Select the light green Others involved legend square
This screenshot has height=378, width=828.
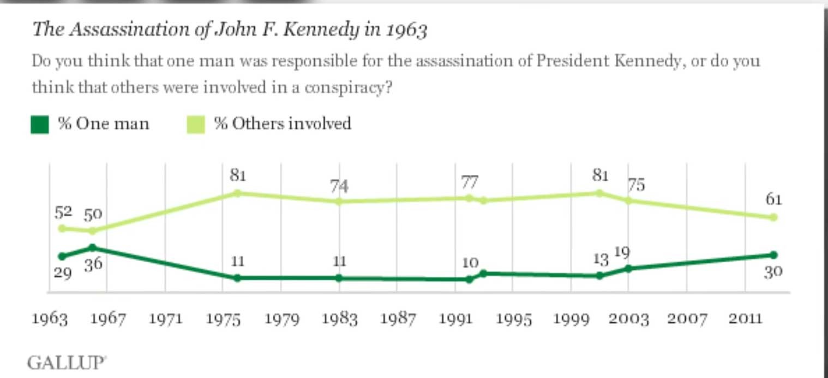[x=195, y=125]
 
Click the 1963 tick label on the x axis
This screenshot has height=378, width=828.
[x=50, y=319]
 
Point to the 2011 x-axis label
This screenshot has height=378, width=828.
[x=745, y=319]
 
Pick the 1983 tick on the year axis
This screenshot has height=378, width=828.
[x=339, y=319]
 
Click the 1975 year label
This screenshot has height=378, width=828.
[x=224, y=319]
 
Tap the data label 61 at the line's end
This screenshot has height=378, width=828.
[x=773, y=200]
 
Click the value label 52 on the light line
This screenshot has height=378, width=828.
[x=63, y=211]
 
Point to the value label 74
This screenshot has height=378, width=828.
[x=339, y=187]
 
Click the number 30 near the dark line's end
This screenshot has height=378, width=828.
[x=773, y=271]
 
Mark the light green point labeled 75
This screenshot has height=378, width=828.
[x=628, y=200]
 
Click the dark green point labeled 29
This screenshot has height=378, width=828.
[x=62, y=256]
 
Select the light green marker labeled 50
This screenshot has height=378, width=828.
[x=93, y=231]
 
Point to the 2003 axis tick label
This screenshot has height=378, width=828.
[x=629, y=319]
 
